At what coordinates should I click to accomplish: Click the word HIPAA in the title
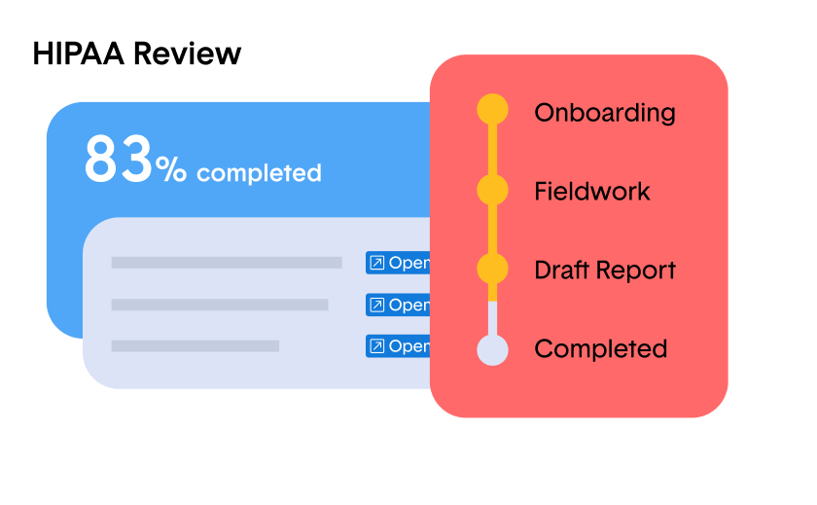tap(79, 54)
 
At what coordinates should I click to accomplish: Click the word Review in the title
tap(187, 54)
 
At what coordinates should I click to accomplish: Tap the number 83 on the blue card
tap(119, 159)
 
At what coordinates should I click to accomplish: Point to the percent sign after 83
tap(171, 169)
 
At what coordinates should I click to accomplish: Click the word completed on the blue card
tap(259, 173)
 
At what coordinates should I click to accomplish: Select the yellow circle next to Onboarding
tap(492, 109)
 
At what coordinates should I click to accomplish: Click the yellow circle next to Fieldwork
tap(492, 190)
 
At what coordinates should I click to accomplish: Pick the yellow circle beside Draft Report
tap(492, 269)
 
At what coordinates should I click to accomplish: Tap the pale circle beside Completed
tap(492, 349)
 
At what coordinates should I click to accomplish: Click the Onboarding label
tap(605, 113)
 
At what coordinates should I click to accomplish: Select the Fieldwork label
tap(592, 192)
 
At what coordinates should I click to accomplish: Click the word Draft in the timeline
tap(562, 270)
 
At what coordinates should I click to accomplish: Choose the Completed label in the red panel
tap(601, 348)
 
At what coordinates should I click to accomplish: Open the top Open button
tap(398, 263)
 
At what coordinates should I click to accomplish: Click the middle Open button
tap(398, 305)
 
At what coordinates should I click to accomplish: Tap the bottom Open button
tap(398, 346)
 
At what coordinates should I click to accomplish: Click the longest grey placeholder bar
tap(227, 263)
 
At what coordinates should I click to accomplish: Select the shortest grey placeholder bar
tap(195, 346)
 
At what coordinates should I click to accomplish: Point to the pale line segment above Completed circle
tap(492, 318)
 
